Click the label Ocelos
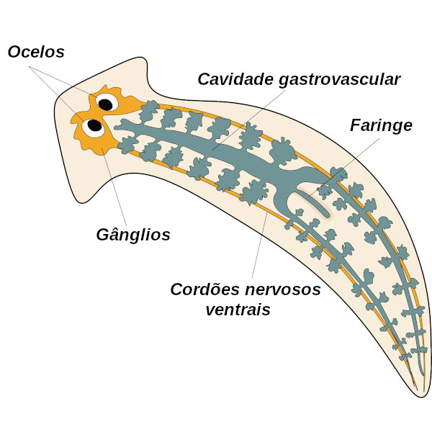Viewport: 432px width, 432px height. click(x=36, y=52)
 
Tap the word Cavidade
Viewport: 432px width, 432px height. click(x=235, y=79)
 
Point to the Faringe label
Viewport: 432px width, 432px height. click(x=381, y=126)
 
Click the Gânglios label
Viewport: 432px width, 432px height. click(x=133, y=235)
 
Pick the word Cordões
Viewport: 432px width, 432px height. click(x=204, y=289)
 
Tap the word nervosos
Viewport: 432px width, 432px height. click(x=283, y=290)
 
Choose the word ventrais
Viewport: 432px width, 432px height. click(x=238, y=310)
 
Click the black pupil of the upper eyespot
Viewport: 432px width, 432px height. click(x=106, y=104)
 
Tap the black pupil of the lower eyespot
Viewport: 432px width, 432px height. click(x=95, y=125)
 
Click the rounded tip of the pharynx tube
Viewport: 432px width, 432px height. click(x=327, y=214)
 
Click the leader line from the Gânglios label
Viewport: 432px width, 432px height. click(x=114, y=187)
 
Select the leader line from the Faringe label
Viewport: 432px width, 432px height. click(x=343, y=167)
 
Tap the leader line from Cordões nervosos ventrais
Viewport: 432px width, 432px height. click(x=259, y=245)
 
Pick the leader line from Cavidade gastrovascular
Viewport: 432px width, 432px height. click(x=249, y=120)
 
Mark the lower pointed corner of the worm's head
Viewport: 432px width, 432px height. click(x=81, y=202)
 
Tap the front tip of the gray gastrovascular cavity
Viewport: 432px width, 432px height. click(x=116, y=127)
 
